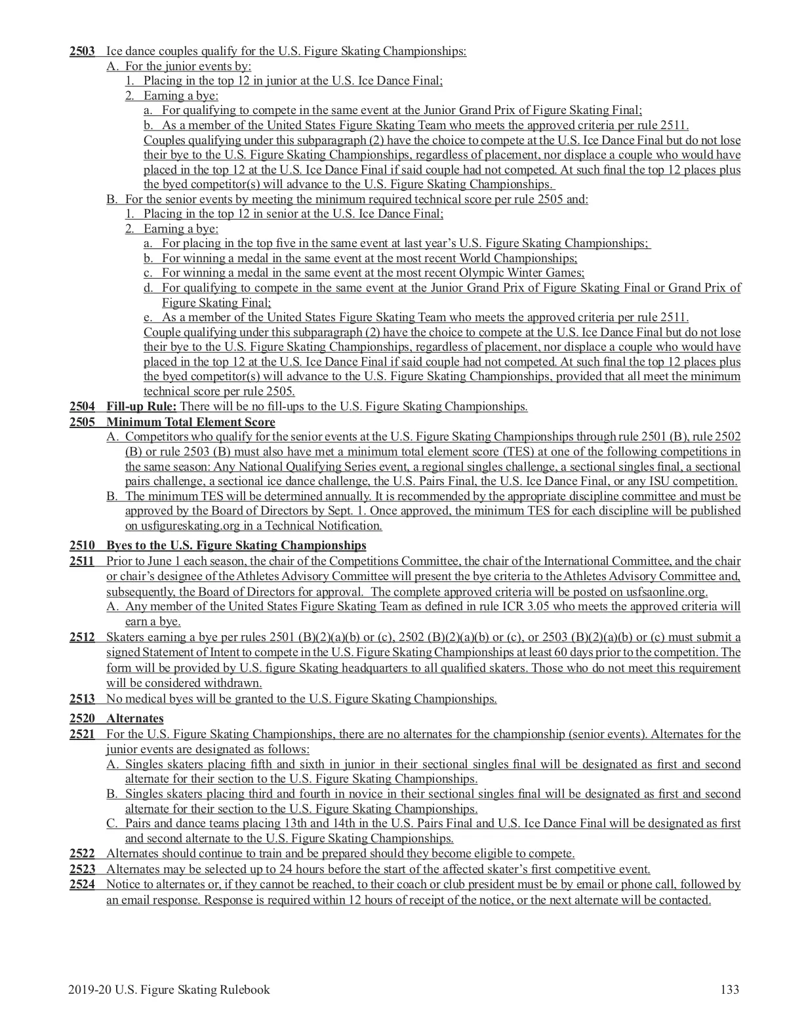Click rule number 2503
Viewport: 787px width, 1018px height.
pos(82,51)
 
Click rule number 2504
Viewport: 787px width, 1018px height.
pos(82,406)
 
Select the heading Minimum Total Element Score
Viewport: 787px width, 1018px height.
pos(191,422)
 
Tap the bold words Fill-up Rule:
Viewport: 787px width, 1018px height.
pos(142,406)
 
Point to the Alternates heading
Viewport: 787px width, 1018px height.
pos(135,718)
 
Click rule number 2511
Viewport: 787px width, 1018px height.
pos(82,561)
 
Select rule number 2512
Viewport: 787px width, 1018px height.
pos(82,637)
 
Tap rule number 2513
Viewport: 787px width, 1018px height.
pos(82,699)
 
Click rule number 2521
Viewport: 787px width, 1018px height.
pos(82,734)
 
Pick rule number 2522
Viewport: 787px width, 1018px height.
pos(82,853)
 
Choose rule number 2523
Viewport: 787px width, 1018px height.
pos(82,869)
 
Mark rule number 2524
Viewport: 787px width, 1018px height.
pos(82,884)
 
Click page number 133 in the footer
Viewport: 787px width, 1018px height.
pos(729,990)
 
